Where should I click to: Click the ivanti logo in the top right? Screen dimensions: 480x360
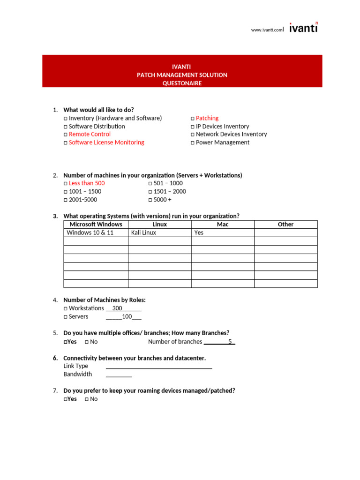(303, 28)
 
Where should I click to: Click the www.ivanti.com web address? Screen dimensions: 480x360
(267, 30)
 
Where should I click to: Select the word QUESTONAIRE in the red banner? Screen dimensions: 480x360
(182, 83)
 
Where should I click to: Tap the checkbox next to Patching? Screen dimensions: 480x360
(193, 119)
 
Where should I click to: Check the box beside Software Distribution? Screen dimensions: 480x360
(66, 127)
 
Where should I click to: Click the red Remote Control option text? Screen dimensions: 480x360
(90, 134)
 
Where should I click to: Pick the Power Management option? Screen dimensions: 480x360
(222, 142)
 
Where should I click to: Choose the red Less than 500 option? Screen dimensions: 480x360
(87, 183)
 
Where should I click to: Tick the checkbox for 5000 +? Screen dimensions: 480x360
(150, 200)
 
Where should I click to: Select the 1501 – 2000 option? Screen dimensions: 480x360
(169, 191)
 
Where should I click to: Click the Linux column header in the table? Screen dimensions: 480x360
(159, 225)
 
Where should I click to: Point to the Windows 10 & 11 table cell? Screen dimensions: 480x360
(90, 232)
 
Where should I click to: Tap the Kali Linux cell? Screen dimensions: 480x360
(143, 232)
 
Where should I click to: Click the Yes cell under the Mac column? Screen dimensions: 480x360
(199, 232)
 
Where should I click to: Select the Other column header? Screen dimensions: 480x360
(285, 225)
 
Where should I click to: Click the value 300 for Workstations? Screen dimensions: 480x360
(117, 308)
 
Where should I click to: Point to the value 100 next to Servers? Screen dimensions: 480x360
(127, 317)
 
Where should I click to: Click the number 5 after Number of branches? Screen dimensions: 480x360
(230, 342)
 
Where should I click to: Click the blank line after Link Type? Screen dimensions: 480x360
(159, 367)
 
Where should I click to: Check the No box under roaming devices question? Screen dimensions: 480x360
(87, 399)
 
